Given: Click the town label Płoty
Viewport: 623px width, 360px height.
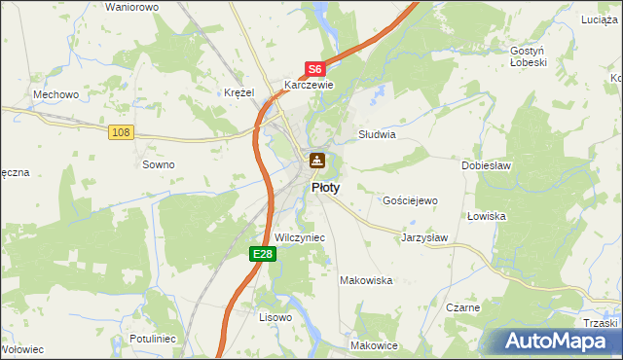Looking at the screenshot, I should point(325,188).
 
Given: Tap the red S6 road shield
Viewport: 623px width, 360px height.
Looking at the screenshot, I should point(314,69).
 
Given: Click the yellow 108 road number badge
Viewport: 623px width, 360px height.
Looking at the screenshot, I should point(121,132).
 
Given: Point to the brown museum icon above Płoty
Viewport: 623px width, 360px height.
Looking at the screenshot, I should point(317,161).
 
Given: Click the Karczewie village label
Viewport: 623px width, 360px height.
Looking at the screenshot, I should point(309,85).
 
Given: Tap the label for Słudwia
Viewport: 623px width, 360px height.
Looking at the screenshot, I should point(377,135).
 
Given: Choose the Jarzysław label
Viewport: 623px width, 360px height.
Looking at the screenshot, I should point(424,236).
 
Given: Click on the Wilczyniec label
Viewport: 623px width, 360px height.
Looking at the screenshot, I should point(300,237).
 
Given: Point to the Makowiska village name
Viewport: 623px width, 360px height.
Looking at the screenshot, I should point(365,280).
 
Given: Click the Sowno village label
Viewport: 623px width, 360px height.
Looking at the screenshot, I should point(159,164).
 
